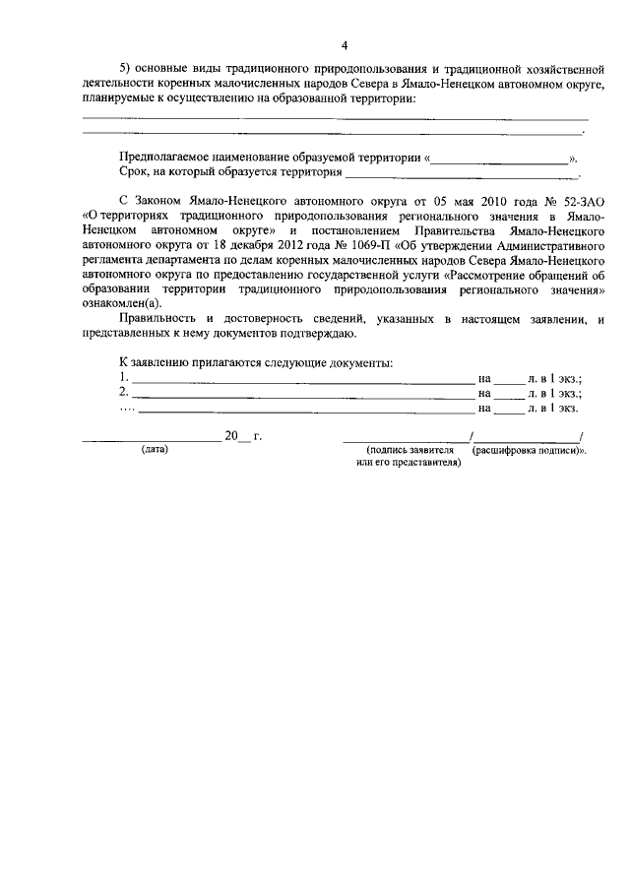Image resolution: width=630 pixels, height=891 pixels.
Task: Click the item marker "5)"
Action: (x=125, y=68)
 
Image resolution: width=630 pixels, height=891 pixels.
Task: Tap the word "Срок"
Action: (x=133, y=172)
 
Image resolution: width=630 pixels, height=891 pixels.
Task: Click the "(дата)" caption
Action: (x=155, y=449)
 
